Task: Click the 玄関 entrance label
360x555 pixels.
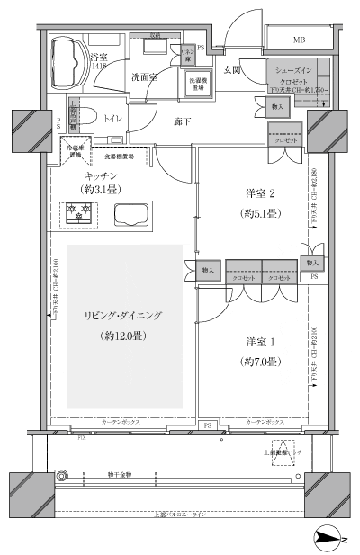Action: [x=231, y=69]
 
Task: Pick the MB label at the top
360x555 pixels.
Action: [x=298, y=40]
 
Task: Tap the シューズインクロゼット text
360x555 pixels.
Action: [x=293, y=74]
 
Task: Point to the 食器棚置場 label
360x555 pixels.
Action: [x=119, y=157]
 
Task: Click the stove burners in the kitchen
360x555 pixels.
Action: [x=79, y=213]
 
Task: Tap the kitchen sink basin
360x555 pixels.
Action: [x=133, y=216]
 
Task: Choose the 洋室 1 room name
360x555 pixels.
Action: [x=257, y=343]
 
